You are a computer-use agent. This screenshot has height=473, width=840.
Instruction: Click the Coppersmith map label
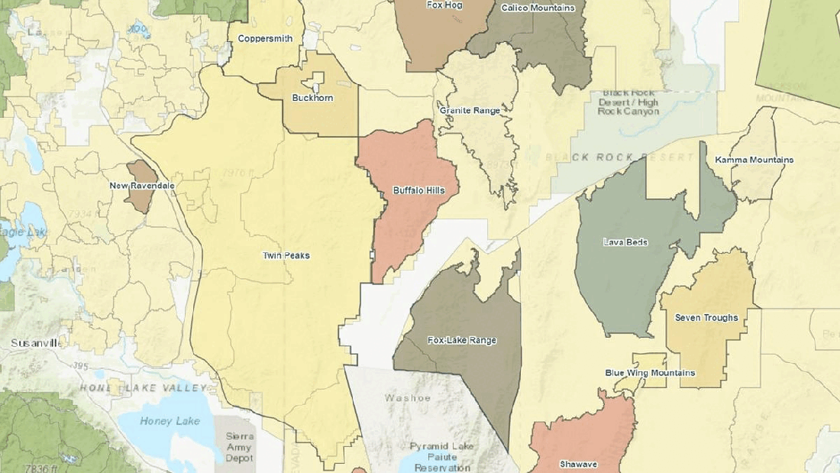[x=265, y=38]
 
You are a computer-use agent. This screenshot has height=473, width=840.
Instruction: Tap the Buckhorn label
[x=312, y=98]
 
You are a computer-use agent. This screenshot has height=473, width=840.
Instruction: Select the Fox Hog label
[x=445, y=5]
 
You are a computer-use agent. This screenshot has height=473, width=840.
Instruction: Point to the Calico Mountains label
[x=538, y=8]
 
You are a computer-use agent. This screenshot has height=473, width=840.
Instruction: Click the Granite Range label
[x=470, y=111]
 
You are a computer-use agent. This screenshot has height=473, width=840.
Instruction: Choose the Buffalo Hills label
[x=414, y=190]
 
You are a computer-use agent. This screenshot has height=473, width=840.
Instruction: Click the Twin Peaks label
[x=286, y=255]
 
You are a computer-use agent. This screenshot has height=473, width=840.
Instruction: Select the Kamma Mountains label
[x=754, y=160]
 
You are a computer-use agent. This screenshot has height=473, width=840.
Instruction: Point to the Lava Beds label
[x=625, y=242]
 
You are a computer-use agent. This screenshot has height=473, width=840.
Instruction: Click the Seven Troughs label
[x=706, y=317]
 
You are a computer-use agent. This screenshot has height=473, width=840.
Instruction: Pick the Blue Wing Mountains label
[x=650, y=373]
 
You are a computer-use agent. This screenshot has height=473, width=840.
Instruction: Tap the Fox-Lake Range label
[x=462, y=340]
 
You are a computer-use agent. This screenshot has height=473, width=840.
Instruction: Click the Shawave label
[x=578, y=464]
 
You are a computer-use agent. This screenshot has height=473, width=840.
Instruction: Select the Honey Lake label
[x=170, y=421]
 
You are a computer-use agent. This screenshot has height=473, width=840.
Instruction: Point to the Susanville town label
[x=35, y=344]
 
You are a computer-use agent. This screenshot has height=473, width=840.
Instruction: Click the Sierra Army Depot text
[x=239, y=447]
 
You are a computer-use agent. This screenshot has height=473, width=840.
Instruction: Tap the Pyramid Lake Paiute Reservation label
[x=441, y=456]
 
